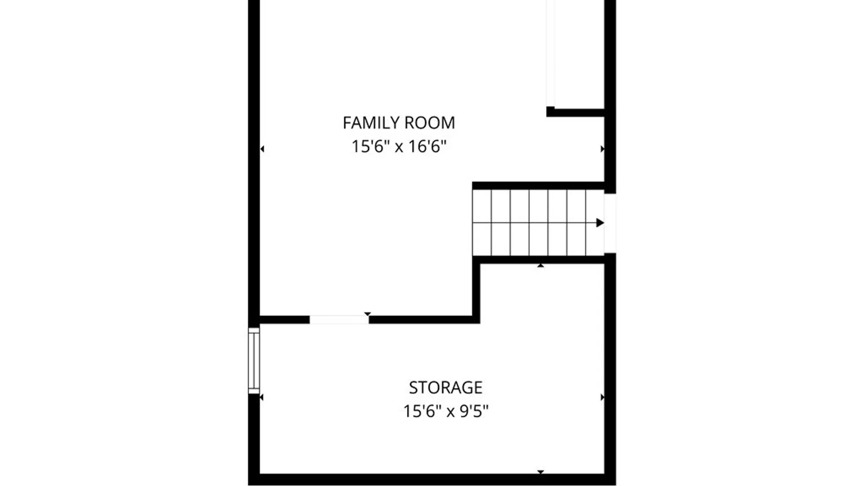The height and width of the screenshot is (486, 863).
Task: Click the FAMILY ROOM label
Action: [x=399, y=123]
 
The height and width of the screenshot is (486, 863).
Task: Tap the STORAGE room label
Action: [x=445, y=387]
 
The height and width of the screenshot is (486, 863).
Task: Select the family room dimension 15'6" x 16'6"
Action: [x=399, y=147]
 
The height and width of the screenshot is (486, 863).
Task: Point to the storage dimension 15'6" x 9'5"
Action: [x=445, y=411]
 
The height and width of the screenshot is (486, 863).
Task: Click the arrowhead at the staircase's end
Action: [x=600, y=223]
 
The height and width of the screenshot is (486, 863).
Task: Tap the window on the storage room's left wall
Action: [x=254, y=361]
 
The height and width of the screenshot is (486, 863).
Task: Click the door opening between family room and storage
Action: [x=339, y=319]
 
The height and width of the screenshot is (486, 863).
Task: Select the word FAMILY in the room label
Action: [x=371, y=123]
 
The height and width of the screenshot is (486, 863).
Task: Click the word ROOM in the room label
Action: [x=430, y=123]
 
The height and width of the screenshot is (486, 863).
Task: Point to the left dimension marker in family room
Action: [x=262, y=149]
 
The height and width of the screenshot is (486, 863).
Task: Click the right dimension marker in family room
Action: [x=602, y=149]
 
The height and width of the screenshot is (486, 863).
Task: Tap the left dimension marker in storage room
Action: [x=262, y=397]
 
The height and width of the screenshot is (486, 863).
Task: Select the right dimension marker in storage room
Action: [x=602, y=397]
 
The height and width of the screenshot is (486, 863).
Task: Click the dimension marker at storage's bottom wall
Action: [x=541, y=472]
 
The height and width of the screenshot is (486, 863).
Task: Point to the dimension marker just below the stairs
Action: [x=541, y=265]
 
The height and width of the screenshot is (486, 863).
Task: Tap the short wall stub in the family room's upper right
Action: [x=575, y=112]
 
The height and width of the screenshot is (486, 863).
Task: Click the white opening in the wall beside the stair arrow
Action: [x=610, y=223]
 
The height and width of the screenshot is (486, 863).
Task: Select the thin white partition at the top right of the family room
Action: [x=551, y=53]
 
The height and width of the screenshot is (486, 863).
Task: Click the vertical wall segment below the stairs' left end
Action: [x=476, y=289]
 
